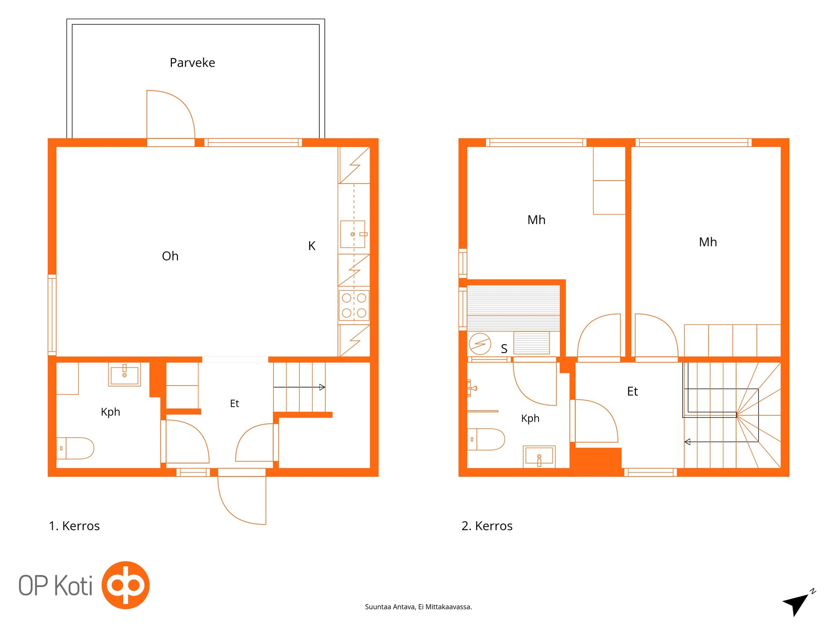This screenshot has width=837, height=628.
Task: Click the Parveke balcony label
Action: (x=192, y=63)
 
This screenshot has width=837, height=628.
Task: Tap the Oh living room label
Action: (x=170, y=256)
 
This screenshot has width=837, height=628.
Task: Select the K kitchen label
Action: (x=312, y=246)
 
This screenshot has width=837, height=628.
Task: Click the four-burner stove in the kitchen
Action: (x=354, y=305)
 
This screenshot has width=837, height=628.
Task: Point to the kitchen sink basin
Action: (x=353, y=234)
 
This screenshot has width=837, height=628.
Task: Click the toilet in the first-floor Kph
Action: (x=75, y=448)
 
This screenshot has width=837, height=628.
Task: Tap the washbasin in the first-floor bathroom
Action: (x=124, y=374)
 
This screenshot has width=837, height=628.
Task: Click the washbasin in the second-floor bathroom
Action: (x=539, y=456)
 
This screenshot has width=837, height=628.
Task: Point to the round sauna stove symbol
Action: (x=480, y=344)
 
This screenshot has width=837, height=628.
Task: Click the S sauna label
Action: (x=504, y=349)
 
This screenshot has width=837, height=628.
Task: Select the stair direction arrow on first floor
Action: (x=299, y=387)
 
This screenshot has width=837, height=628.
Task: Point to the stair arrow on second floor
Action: (x=721, y=442)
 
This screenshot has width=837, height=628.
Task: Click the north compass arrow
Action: (x=797, y=605)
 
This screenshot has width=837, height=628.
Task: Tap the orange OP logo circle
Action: (x=126, y=585)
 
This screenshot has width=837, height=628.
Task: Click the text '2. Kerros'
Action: (x=487, y=526)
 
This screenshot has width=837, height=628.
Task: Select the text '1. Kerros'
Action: (x=74, y=526)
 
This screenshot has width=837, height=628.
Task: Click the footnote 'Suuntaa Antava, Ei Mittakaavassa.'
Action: (x=418, y=607)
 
